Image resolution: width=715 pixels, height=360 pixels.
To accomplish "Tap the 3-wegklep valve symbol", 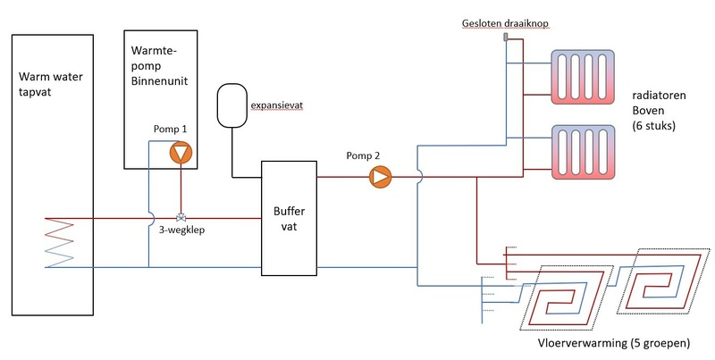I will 181,217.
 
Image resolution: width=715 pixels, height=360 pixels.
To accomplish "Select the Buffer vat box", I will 288,218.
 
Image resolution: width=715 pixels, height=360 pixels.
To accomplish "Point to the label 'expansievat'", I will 279,105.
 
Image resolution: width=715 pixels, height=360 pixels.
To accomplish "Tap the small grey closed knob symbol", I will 506,38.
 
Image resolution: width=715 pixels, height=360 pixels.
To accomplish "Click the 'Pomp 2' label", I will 363,155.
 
